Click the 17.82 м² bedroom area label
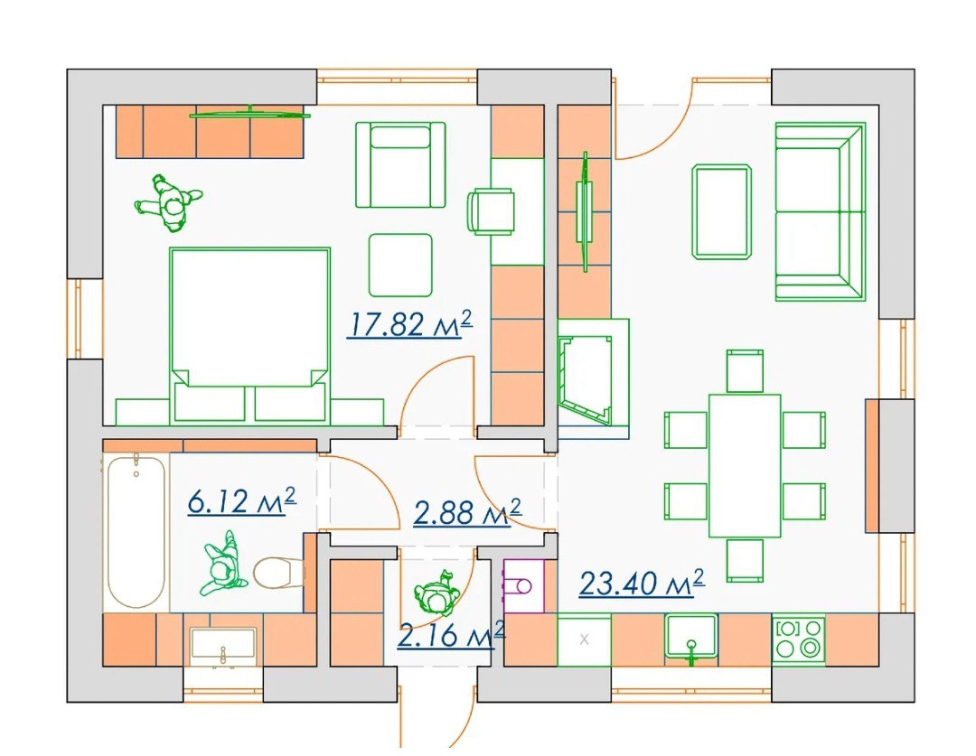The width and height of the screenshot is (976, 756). (409, 324)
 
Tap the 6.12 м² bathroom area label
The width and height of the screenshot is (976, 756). (241, 501)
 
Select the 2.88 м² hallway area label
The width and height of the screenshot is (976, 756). (467, 511)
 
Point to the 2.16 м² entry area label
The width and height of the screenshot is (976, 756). (451, 635)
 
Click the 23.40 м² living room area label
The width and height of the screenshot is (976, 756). (642, 583)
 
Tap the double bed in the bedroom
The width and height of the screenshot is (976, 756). (249, 334)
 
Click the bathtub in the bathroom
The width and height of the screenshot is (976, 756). (136, 531)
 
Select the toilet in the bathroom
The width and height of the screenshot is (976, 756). (279, 573)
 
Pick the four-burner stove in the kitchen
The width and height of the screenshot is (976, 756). (799, 639)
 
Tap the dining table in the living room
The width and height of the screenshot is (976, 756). (745, 465)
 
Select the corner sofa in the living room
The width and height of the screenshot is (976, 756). (821, 211)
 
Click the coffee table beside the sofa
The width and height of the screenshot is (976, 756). (721, 211)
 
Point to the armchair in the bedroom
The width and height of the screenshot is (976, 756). (400, 165)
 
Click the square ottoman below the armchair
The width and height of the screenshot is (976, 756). (400, 265)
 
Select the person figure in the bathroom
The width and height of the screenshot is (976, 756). (222, 562)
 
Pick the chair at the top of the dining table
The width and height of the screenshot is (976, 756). (745, 371)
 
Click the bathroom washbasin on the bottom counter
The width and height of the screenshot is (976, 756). (223, 644)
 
